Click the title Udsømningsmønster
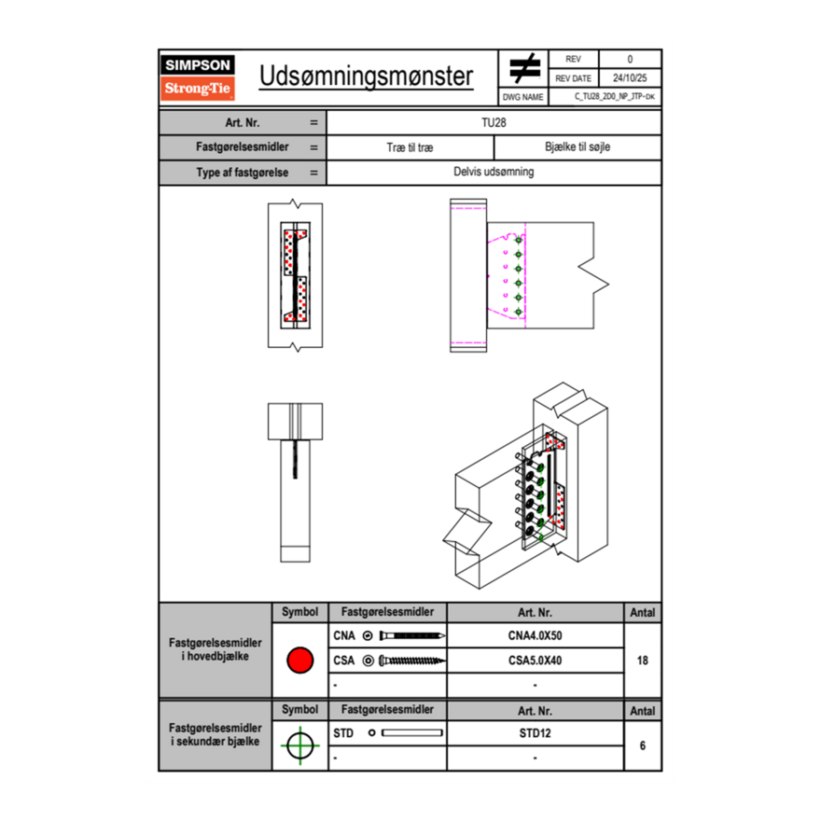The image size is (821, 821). (x=366, y=77)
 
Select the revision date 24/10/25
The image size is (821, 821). (x=630, y=78)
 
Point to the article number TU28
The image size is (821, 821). (x=494, y=122)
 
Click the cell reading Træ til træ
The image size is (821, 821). (x=410, y=147)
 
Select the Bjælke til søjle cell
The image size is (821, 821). (x=577, y=147)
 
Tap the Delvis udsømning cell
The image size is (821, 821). (x=494, y=172)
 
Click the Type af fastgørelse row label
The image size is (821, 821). (x=242, y=172)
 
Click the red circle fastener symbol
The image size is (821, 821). (x=299, y=661)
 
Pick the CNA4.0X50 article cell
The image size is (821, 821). (x=535, y=636)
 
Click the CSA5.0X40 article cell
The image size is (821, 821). (x=535, y=661)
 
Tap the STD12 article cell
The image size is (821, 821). (x=535, y=733)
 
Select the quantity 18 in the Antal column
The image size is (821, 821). (x=642, y=661)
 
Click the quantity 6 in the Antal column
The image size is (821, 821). (x=642, y=745)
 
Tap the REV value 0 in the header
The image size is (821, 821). (x=630, y=60)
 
